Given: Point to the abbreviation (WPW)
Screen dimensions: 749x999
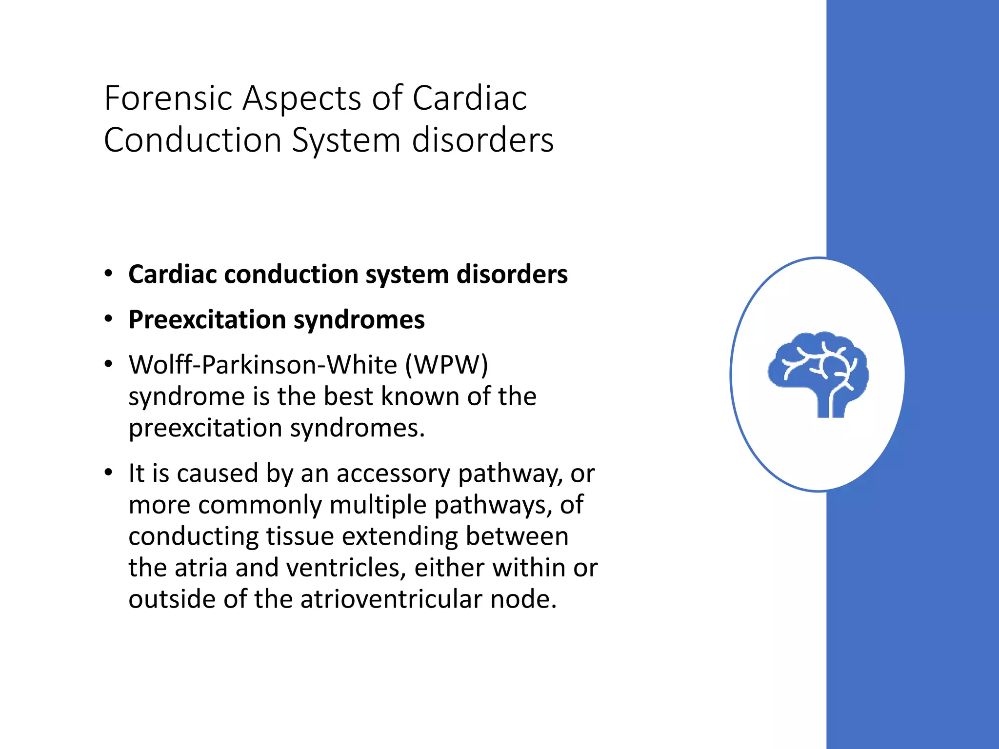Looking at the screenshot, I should point(446,365).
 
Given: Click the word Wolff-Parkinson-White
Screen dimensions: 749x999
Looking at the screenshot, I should point(263,365).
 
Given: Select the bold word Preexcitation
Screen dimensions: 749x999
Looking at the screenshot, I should point(207,320).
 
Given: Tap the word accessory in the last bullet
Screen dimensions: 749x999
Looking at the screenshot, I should point(393,473).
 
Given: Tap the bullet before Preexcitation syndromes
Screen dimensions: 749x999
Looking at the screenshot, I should point(108,319).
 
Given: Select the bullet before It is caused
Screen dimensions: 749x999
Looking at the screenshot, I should point(108,473).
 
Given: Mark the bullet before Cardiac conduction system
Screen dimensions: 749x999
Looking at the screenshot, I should point(108,274).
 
